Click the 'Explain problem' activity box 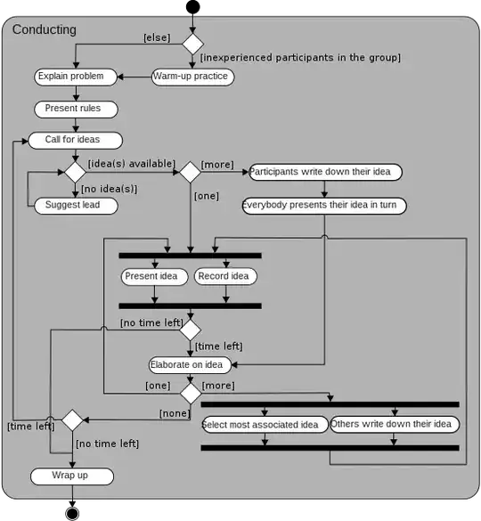76,77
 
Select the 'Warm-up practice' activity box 192,77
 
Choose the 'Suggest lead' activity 75,206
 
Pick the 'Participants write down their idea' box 325,172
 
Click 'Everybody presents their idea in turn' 324,206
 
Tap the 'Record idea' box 225,276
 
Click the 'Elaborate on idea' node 191,363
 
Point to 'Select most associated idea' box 264,424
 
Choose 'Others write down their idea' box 395,424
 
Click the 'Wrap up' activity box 72,476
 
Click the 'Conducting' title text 45,29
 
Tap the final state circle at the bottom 72,513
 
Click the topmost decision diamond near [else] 192,42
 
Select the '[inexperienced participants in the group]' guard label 300,58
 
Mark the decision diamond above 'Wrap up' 72,419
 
